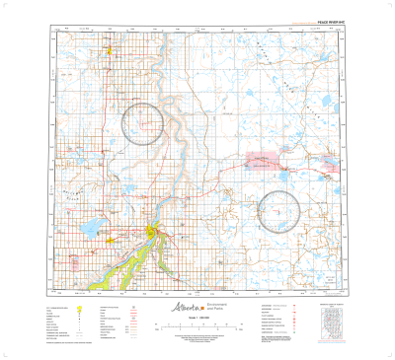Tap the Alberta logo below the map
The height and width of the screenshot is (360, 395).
(x=174, y=308)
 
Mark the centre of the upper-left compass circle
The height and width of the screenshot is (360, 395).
(x=142, y=124)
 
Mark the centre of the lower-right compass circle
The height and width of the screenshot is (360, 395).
(x=278, y=211)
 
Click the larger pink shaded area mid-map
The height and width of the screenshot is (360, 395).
(x=262, y=160)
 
